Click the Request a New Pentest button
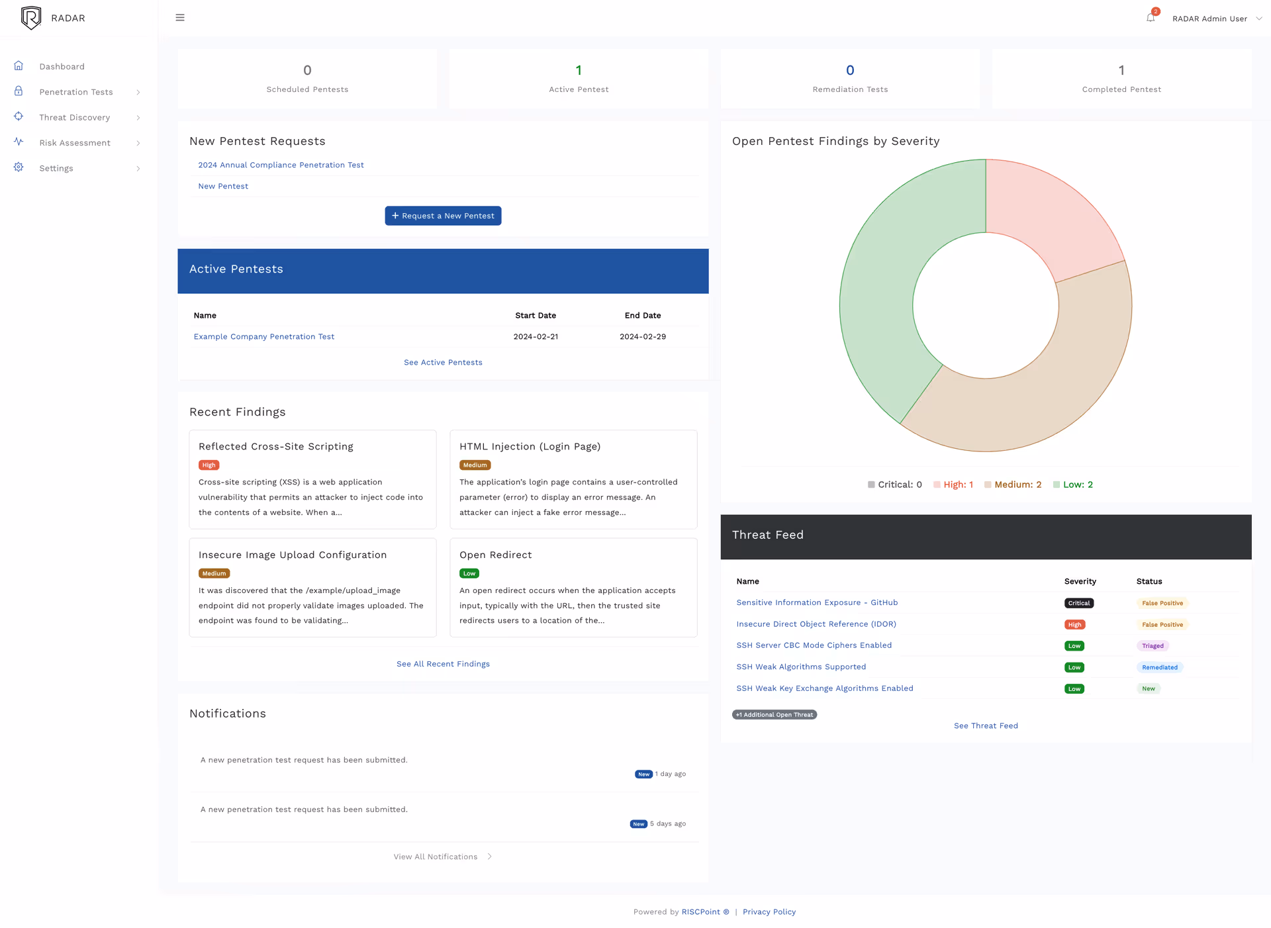[x=443, y=216]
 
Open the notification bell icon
[x=1151, y=18]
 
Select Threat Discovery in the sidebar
[x=75, y=117]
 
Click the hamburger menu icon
[x=180, y=18]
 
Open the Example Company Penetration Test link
[x=263, y=336]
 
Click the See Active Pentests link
[x=443, y=362]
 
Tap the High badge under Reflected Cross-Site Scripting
[x=209, y=465]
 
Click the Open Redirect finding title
[x=495, y=555]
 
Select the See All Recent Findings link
[x=443, y=664]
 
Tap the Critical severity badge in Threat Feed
[x=1078, y=603]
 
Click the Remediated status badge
[x=1159, y=667]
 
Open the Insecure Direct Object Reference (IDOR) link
[x=816, y=624]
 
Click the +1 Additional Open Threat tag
[x=774, y=715]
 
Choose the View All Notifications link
[x=436, y=857]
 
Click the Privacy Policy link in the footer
[x=769, y=911]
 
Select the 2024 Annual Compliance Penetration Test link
[x=281, y=165]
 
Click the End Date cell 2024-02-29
[x=642, y=336]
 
